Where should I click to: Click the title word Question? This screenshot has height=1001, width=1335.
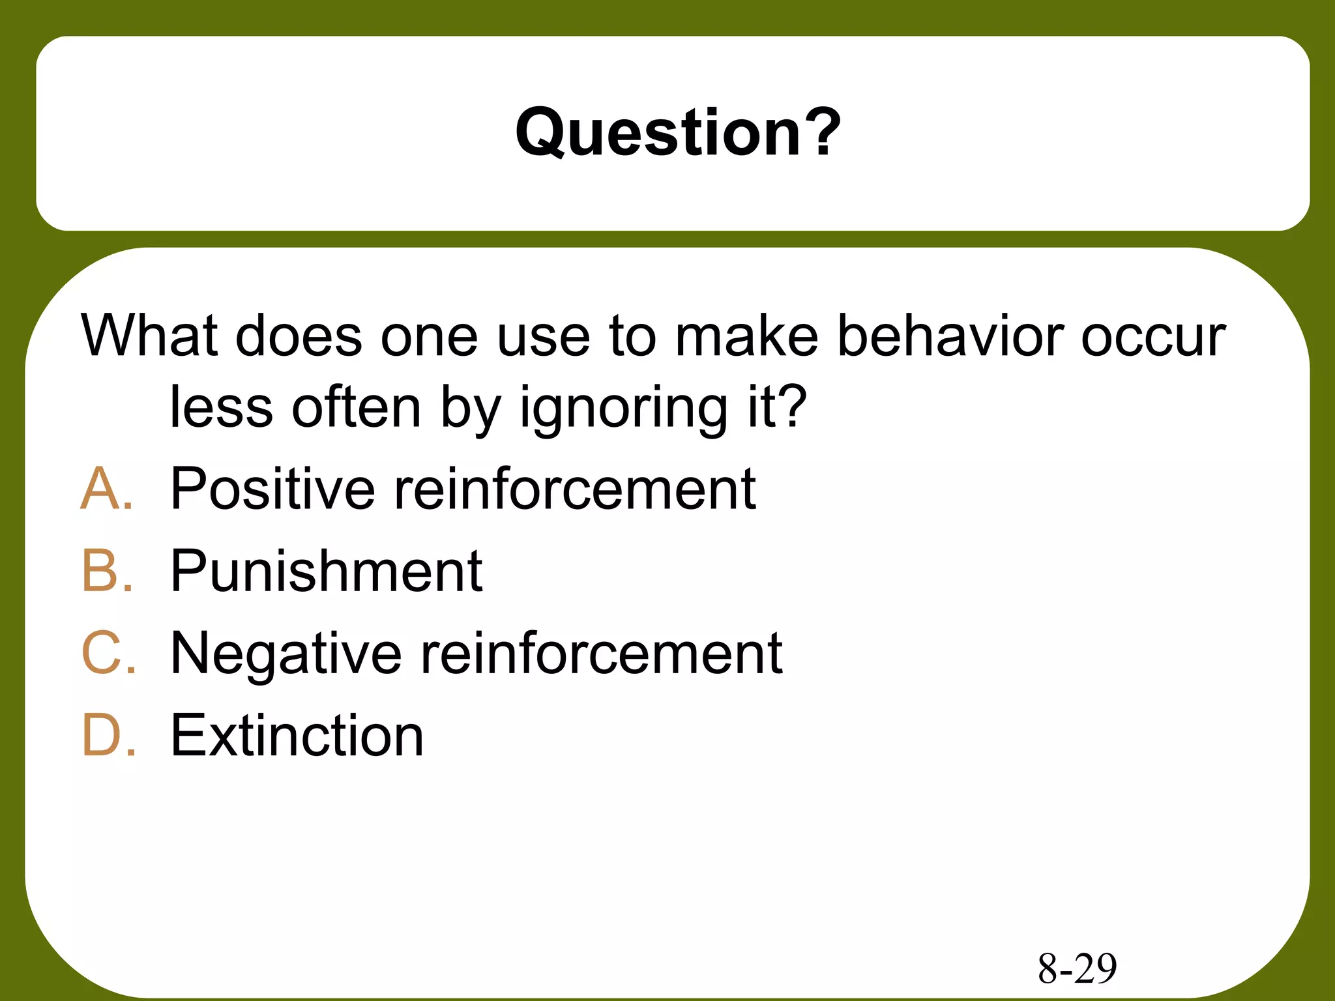[678, 133]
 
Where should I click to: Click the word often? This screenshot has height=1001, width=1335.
[356, 407]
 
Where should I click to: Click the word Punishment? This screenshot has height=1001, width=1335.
[326, 570]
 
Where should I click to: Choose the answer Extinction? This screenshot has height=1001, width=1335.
[297, 735]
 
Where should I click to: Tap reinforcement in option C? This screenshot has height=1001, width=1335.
[601, 653]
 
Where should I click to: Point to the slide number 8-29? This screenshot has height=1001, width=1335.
[1077, 968]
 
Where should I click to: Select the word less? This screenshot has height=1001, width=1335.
[221, 407]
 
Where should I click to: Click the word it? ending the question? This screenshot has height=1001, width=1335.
[777, 407]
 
